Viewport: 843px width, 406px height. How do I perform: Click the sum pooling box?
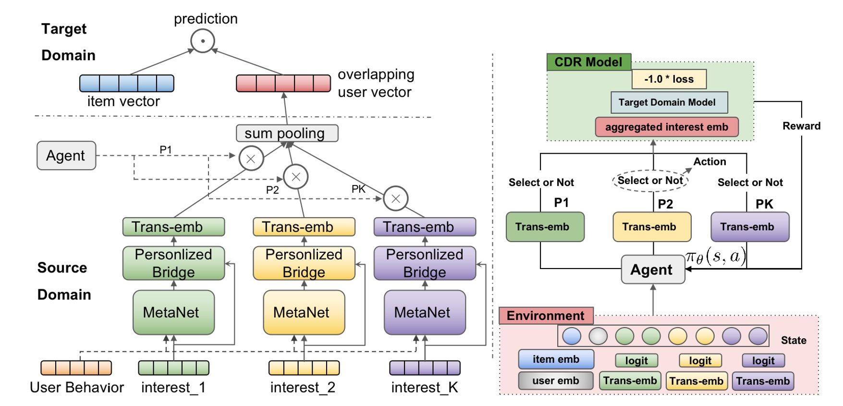click(287, 133)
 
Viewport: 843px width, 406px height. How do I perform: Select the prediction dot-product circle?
click(202, 41)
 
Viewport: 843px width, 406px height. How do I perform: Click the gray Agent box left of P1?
click(66, 155)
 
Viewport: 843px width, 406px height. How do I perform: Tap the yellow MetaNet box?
click(304, 312)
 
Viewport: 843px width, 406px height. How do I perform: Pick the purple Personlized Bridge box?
click(425, 263)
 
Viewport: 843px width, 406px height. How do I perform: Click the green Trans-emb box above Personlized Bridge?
click(173, 227)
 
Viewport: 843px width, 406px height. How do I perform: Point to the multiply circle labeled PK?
click(396, 198)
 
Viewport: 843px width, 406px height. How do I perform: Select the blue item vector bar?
click(127, 83)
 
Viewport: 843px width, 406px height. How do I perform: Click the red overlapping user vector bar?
click(283, 83)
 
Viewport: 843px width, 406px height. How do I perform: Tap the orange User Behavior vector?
click(76, 368)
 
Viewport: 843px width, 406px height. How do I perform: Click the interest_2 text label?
click(303, 387)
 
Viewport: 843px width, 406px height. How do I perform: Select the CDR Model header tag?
click(588, 62)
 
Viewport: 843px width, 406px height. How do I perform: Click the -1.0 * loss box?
click(669, 79)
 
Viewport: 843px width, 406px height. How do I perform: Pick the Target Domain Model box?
click(669, 102)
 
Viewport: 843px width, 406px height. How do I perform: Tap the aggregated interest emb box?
click(666, 127)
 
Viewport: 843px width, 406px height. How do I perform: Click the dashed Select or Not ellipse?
click(650, 181)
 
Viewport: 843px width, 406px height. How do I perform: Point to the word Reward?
click(801, 126)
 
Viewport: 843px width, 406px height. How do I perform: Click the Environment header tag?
click(546, 316)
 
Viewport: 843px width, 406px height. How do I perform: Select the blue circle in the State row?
click(571, 336)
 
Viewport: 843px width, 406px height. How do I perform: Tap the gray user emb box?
click(555, 381)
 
